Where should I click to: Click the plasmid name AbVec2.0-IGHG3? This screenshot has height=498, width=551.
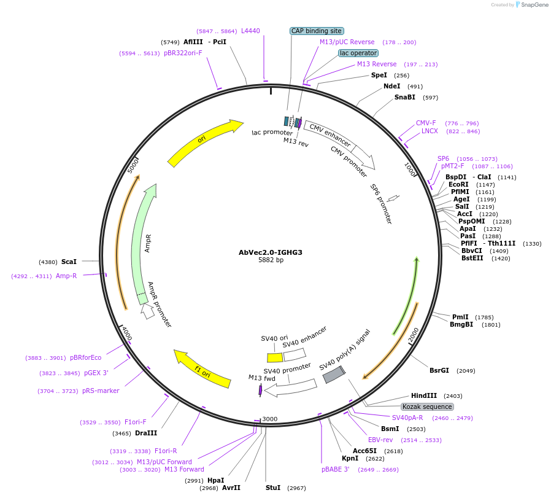point(271,252)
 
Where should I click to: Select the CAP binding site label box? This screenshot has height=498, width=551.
point(316,31)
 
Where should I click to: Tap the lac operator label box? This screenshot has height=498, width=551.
point(358,53)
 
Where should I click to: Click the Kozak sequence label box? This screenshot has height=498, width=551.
point(427,407)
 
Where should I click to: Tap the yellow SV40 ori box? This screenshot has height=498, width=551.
point(274,357)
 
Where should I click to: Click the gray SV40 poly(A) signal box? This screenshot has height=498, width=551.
point(334,374)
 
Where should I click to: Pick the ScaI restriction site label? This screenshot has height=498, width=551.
point(69,262)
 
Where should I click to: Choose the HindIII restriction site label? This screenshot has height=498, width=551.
point(424,396)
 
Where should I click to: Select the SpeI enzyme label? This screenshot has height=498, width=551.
point(379,75)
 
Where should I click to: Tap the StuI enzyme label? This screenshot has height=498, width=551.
point(273,488)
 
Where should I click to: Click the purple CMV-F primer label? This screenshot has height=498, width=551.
point(426,123)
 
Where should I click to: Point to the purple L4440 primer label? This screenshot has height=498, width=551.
point(250,31)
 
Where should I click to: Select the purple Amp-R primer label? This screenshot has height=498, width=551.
point(66,276)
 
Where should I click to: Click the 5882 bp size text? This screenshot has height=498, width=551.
point(271,260)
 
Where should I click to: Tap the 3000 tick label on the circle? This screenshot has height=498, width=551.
point(270,419)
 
